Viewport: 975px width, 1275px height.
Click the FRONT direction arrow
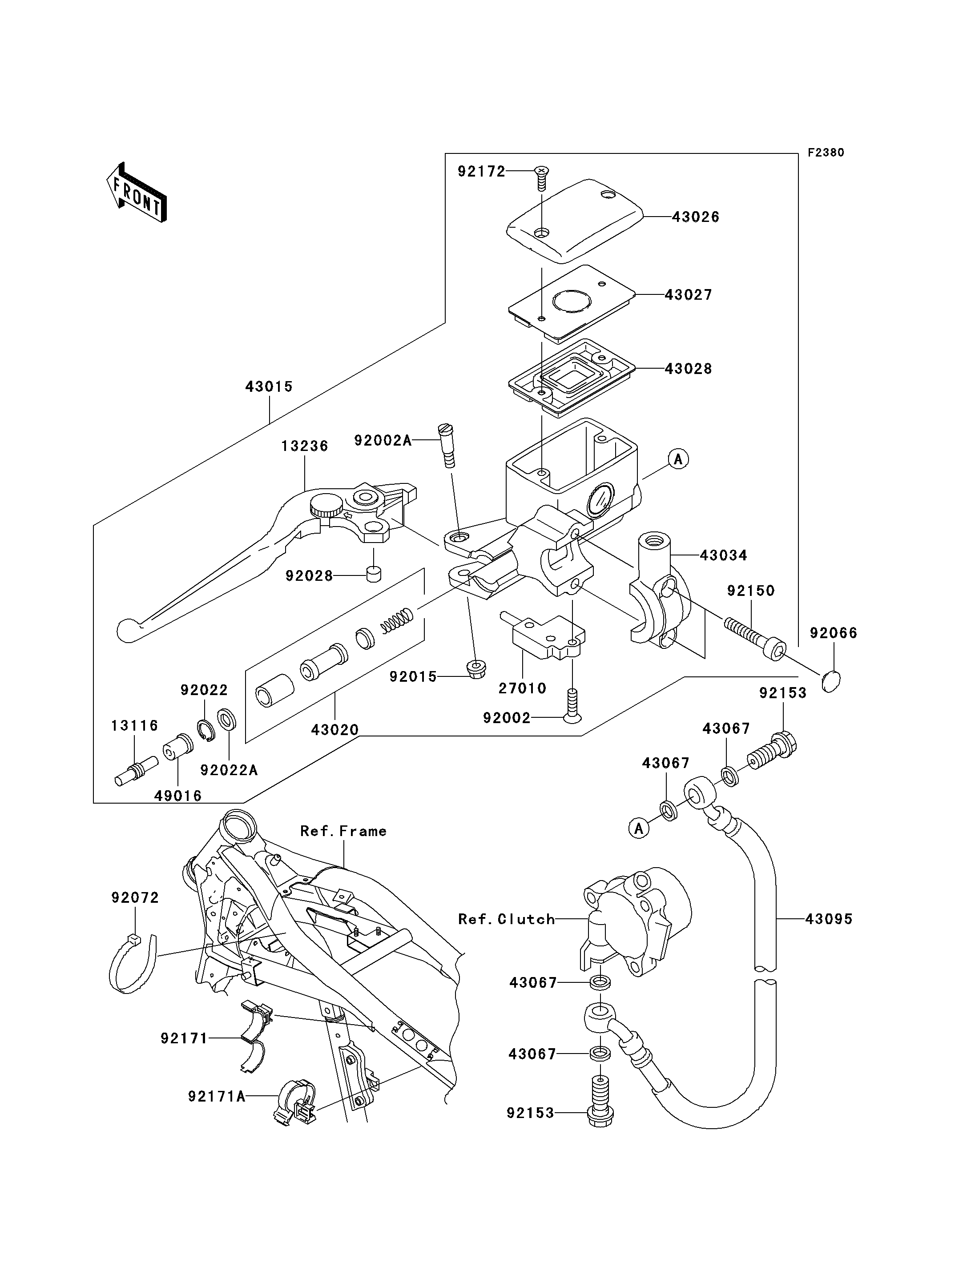click(x=137, y=193)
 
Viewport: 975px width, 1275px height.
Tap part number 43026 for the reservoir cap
click(x=695, y=217)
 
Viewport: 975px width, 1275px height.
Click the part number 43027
click(x=688, y=295)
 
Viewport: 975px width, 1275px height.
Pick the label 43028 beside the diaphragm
click(x=688, y=369)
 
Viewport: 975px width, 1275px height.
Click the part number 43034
click(x=723, y=555)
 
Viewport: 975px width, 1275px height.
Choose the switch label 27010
click(x=522, y=688)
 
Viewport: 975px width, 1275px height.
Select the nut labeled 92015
click(x=476, y=669)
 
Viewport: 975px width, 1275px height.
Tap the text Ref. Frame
click(x=343, y=831)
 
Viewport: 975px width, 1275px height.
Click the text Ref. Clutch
click(x=506, y=919)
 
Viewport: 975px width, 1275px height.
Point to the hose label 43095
click(x=828, y=919)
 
